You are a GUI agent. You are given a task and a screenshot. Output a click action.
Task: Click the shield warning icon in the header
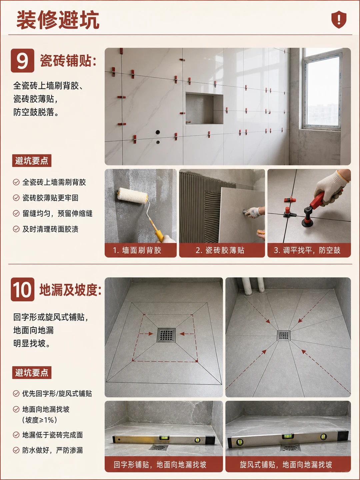click(339, 19)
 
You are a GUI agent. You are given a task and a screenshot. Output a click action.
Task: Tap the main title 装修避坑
click(58, 20)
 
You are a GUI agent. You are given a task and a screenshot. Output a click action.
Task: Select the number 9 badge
click(23, 61)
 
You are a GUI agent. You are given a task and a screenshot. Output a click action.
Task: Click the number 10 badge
click(23, 289)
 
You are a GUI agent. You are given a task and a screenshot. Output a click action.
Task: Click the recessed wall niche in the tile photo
click(204, 109)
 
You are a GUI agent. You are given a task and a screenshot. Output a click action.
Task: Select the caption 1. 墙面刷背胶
click(137, 250)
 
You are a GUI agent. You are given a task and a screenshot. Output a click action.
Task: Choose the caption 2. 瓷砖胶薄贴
click(220, 250)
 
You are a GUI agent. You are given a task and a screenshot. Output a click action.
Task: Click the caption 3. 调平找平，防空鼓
click(307, 250)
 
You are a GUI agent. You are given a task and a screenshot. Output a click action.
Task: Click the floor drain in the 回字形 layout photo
click(166, 335)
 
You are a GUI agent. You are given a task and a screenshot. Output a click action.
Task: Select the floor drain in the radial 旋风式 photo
click(284, 335)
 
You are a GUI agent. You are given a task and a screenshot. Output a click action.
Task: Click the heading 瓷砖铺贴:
click(68, 61)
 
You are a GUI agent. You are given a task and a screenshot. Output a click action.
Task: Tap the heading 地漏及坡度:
click(70, 290)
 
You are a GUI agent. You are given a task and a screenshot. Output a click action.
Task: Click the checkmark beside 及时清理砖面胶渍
click(16, 229)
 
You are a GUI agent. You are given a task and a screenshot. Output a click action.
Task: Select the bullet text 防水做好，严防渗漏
click(52, 450)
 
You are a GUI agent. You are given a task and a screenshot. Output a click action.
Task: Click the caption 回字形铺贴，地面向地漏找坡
click(160, 464)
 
